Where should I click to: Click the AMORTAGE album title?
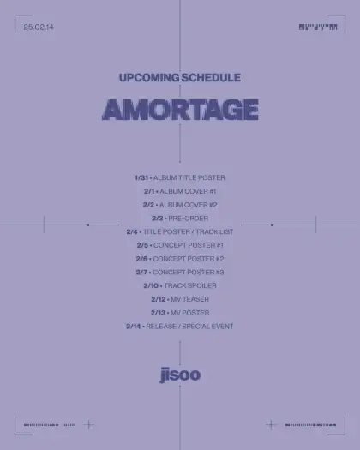180,110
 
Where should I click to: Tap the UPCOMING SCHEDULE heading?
180,78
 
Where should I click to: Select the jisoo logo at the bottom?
180,374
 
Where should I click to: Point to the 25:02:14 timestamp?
39,27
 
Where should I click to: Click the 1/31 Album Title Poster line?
180,177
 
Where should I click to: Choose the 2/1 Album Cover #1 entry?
180,191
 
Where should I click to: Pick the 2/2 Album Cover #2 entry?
180,205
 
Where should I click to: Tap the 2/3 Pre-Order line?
180,219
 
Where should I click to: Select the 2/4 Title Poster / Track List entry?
180,231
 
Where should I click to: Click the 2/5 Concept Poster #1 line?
180,245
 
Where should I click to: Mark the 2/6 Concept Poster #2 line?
180,259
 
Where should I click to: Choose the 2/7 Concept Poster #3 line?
180,273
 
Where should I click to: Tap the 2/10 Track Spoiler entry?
180,285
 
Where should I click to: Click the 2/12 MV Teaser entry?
180,299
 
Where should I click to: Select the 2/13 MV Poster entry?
180,313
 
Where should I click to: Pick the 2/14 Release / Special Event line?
180,327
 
